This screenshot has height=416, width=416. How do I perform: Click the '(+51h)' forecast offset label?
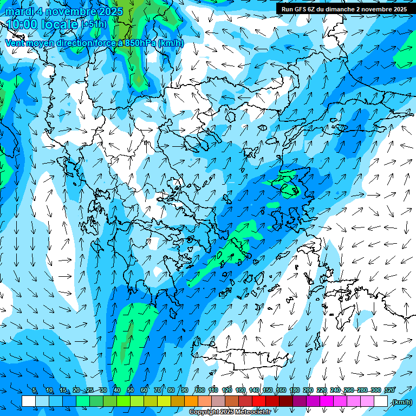[94, 24]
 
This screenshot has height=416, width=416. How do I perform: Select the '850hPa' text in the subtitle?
[140, 43]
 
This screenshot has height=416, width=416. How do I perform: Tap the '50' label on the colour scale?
[130, 391]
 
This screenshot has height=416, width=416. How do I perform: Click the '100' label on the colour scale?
[199, 391]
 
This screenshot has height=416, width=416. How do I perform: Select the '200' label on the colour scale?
[308, 391]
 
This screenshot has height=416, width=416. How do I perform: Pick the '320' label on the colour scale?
[389, 391]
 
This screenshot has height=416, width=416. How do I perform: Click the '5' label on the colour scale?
[35, 391]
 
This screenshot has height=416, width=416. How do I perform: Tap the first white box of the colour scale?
[29, 401]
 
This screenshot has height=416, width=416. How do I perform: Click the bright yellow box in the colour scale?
[164, 401]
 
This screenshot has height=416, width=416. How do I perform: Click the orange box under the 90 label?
[191, 401]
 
